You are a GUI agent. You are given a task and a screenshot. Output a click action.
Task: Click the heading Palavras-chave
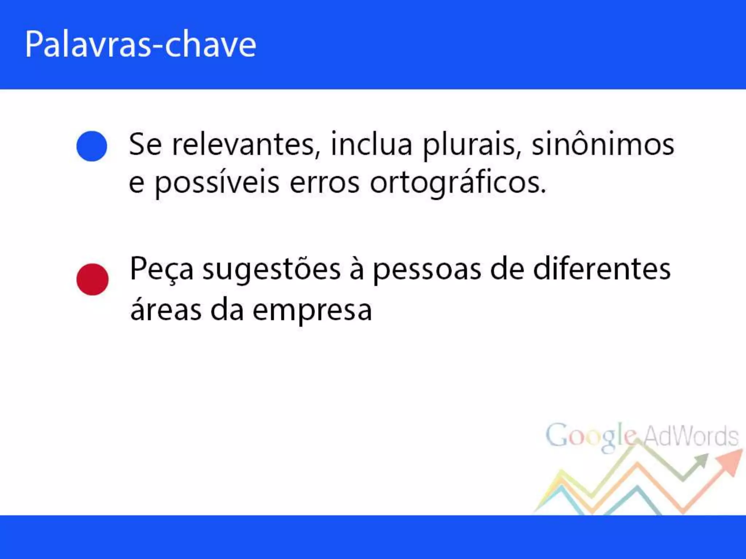(140, 44)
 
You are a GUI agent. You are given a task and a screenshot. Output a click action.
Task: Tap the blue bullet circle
(92, 146)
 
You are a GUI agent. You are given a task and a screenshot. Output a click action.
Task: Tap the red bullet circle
(92, 279)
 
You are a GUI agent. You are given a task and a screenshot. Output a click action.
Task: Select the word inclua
(371, 144)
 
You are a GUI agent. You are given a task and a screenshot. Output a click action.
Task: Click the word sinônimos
(602, 144)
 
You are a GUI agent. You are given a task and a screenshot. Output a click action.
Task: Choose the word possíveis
(217, 183)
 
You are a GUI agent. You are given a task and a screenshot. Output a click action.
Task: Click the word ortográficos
(458, 183)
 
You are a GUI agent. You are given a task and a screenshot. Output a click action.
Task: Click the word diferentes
(601, 269)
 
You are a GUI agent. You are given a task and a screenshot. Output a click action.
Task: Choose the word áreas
(166, 310)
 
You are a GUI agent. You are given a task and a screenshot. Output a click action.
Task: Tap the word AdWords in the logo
(691, 436)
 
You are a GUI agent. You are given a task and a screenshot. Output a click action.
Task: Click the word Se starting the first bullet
(145, 144)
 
